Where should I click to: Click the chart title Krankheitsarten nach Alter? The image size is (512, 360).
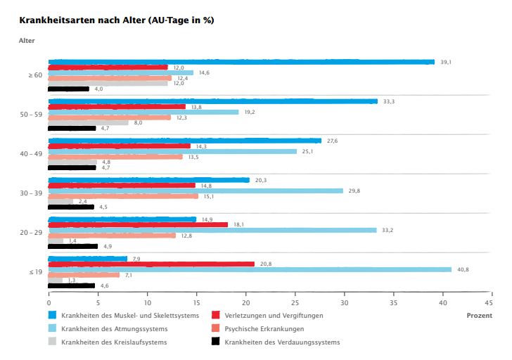pyautogui.click(x=117, y=20)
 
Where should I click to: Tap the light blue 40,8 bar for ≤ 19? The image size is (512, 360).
pyautogui.click(x=250, y=269)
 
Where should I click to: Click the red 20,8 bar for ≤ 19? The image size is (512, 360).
pyautogui.click(x=151, y=264)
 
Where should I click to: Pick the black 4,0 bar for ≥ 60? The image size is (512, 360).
pyautogui.click(x=68, y=89)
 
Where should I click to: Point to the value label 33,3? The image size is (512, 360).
pyautogui.click(x=389, y=102)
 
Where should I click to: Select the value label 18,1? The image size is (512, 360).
pyautogui.click(x=239, y=225)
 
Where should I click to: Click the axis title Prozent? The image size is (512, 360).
pyautogui.click(x=479, y=316)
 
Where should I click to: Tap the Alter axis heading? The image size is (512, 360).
pyautogui.click(x=26, y=40)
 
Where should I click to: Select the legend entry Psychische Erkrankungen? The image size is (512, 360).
pyautogui.click(x=264, y=329)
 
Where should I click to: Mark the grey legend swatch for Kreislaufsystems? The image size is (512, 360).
pyautogui.click(x=53, y=342)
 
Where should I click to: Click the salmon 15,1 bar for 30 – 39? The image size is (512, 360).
pyautogui.click(x=123, y=196)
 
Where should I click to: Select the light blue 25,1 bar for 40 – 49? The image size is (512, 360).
pyautogui.click(x=172, y=151)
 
